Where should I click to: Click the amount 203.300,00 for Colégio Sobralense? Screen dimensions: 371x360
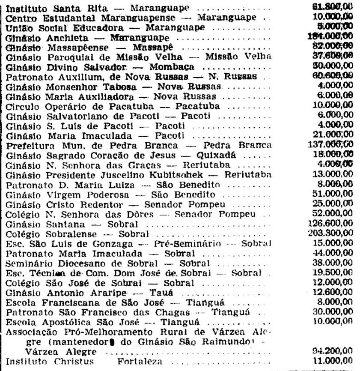[x=330, y=233]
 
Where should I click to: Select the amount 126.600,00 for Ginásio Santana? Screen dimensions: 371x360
[x=330, y=224]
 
